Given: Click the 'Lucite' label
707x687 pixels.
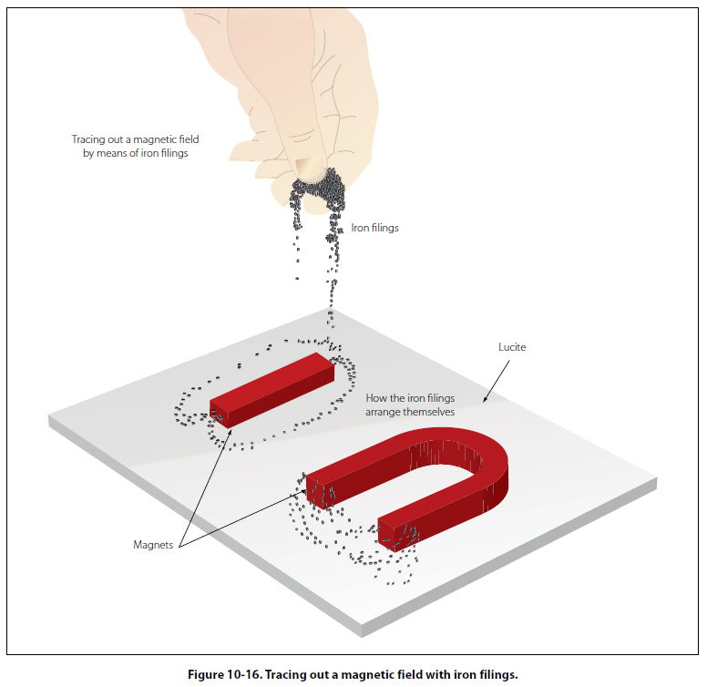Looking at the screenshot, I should point(512,347).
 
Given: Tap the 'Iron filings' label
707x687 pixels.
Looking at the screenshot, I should point(374,227).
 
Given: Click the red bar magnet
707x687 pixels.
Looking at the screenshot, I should point(273,386).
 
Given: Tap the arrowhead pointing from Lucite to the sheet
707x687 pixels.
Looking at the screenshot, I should point(485,399).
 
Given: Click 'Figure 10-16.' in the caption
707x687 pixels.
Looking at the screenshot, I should point(226,674).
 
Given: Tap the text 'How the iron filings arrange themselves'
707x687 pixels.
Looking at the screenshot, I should point(410,405).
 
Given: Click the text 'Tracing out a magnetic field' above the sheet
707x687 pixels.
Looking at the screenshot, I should point(135,139).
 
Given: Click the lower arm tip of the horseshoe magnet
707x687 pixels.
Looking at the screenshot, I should point(391,531).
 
